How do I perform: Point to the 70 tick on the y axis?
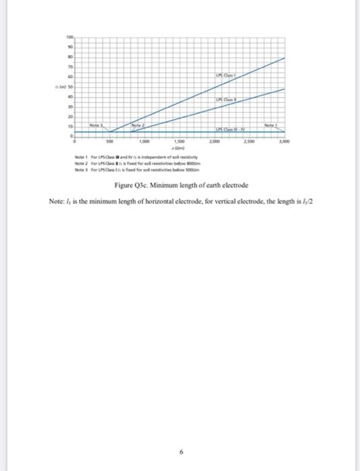coord(69,68)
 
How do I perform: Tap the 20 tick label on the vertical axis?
coord(69,116)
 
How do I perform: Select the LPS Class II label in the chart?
coord(227,100)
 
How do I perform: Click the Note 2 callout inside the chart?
coord(137,125)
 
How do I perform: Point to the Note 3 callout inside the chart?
coord(98,125)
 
